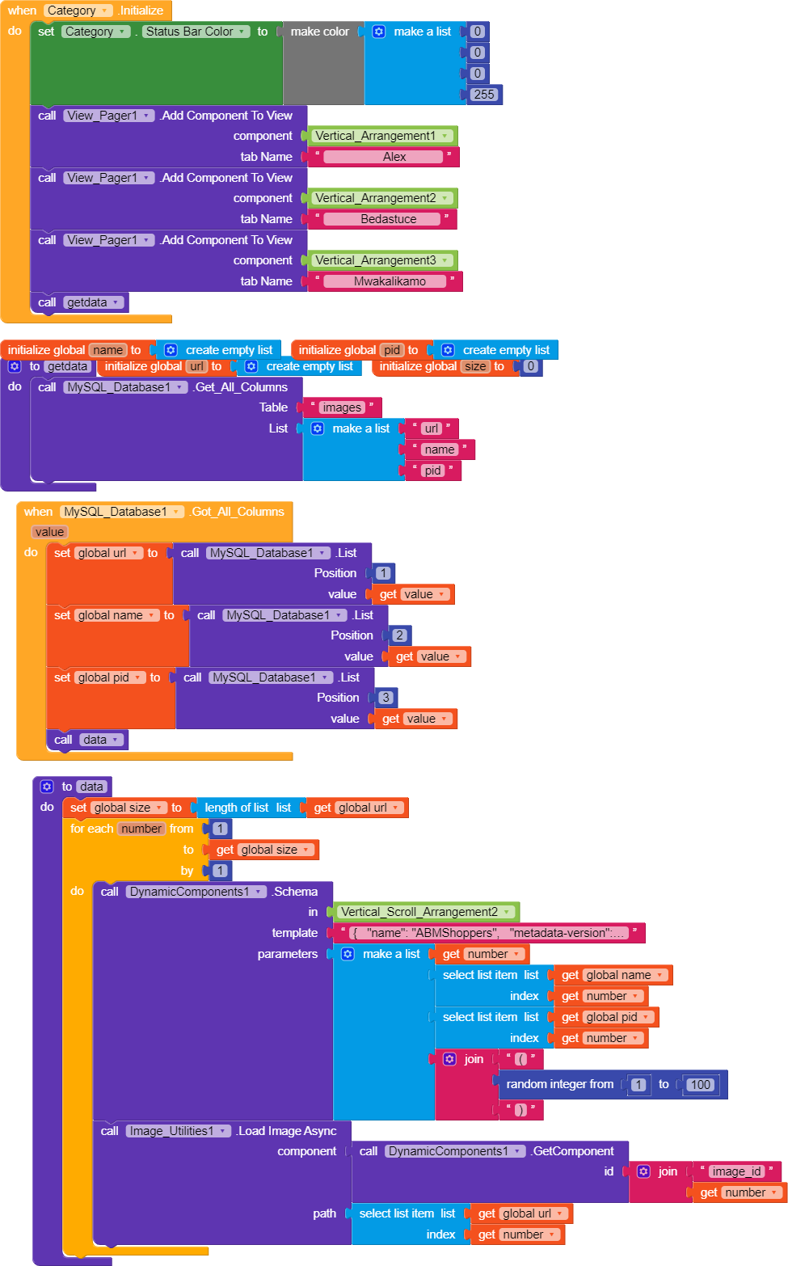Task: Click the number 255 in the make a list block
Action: pos(484,95)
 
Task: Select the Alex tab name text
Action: pos(394,157)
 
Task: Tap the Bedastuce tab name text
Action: pos(389,219)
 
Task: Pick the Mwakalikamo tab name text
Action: pos(390,281)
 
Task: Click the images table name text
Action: pos(342,407)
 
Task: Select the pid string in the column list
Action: pos(432,471)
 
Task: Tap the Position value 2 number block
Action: pos(399,635)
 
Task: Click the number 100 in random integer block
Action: pos(701,1085)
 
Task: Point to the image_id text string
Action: pos(736,1171)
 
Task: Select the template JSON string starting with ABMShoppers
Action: pos(489,933)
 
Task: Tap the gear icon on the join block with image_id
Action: pos(643,1171)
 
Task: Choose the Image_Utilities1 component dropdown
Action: pos(178,1131)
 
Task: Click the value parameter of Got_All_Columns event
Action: pos(50,532)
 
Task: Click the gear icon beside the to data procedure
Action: pos(47,786)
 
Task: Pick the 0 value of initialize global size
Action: pos(530,366)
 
